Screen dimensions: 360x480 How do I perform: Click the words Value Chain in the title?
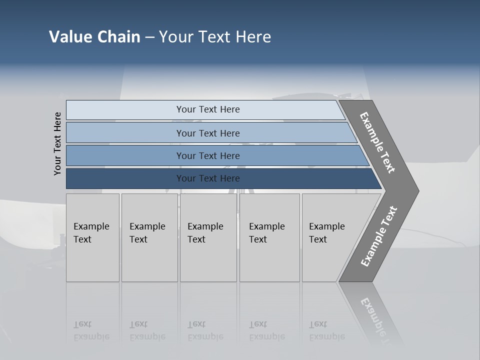pos(94,37)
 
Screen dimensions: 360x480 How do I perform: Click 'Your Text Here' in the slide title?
pos(215,37)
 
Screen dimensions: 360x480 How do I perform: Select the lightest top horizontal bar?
pos(125,110)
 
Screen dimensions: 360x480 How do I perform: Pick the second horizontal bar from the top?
pos(125,133)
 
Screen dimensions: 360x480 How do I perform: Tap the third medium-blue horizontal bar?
pos(125,156)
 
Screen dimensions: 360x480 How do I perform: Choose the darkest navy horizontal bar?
pos(125,178)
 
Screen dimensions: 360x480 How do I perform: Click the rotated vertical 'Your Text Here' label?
pos(57,144)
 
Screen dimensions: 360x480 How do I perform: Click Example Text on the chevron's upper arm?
pos(377,142)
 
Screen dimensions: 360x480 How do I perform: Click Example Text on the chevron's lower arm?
pos(379,236)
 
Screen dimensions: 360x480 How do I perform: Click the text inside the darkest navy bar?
pos(208,178)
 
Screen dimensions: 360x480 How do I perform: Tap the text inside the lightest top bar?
pos(208,109)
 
